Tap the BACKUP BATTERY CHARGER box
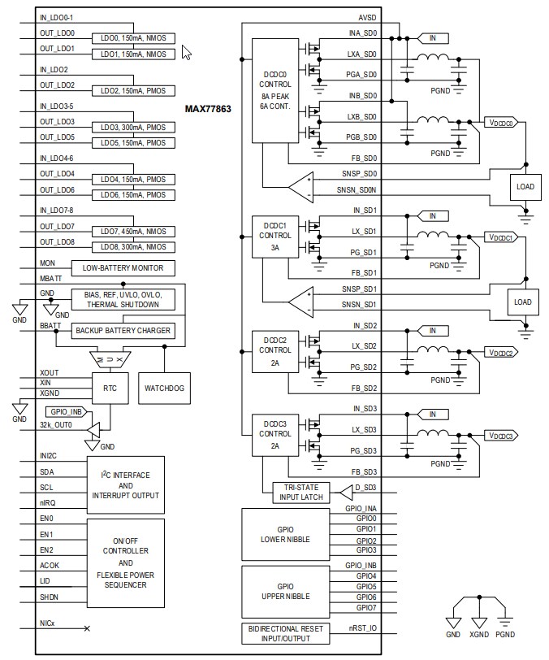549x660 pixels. tap(123, 330)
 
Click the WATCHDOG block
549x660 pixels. tap(165, 389)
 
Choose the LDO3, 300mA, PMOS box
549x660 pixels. tap(133, 128)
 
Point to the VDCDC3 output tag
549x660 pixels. tap(500, 436)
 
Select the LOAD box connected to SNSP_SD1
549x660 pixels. tap(523, 302)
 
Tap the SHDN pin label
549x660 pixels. tap(49, 597)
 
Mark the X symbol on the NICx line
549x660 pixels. tap(87, 628)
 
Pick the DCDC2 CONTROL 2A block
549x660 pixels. tap(274, 353)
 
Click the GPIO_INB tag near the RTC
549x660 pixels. tap(64, 411)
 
